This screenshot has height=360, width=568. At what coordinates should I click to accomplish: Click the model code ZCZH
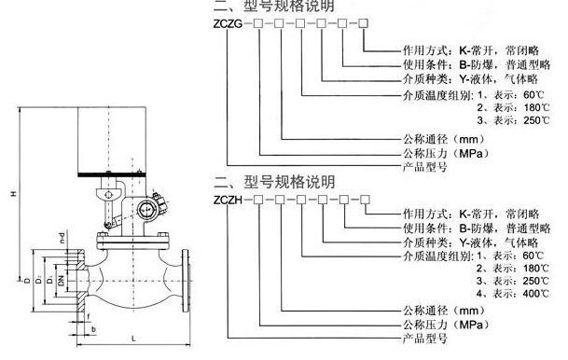pyautogui.click(x=229, y=198)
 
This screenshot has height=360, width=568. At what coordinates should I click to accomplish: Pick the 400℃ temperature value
pyautogui.click(x=533, y=293)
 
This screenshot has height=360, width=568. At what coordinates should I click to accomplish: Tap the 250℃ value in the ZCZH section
pyautogui.click(x=533, y=280)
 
